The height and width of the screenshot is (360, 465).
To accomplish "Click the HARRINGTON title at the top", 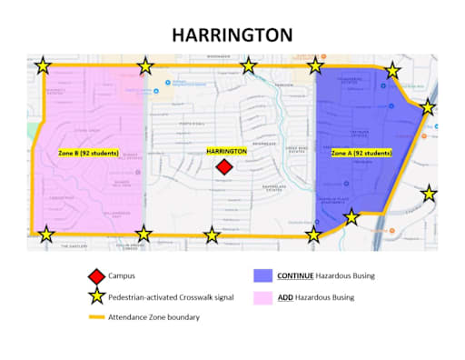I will click(232, 35).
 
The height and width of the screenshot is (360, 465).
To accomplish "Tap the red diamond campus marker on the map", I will click(224, 167).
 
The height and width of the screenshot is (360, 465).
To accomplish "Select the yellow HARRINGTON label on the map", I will click(227, 151).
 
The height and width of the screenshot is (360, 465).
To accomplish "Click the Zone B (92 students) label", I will click(88, 153).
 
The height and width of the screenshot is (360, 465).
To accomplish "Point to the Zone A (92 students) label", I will click(361, 154).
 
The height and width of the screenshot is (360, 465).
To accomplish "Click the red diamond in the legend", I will click(96, 275).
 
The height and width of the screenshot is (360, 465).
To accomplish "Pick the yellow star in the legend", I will click(96, 296).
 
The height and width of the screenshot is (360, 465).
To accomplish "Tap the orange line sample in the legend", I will click(96, 316).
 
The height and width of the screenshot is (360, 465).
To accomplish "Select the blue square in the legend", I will click(262, 275).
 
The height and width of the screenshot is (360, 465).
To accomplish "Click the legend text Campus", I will click(123, 275).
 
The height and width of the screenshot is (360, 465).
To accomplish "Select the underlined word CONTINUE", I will click(298, 275).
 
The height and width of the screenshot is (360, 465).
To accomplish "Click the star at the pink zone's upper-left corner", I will click(43, 65).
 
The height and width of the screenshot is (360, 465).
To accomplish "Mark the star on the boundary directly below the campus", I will click(212, 235).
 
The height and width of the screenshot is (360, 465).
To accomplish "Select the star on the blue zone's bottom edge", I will click(351, 217).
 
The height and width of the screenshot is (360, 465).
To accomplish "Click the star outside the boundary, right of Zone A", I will click(430, 193).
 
